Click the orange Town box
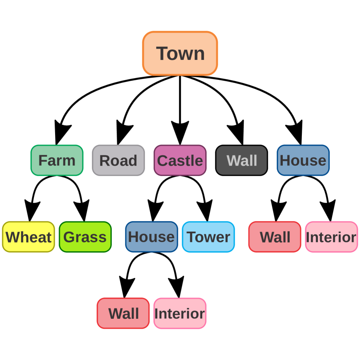coord(180,53)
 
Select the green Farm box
coord(57,160)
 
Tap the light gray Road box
coord(118,160)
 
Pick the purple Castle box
coord(180,160)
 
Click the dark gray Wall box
coord(242,160)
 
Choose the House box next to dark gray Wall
coord(303,160)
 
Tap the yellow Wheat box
coord(29,237)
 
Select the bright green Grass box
coord(85,237)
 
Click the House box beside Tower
coord(151,237)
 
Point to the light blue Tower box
coord(208,237)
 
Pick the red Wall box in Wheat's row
coord(275,237)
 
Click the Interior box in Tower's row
coord(331,237)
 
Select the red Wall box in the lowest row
coord(123,313)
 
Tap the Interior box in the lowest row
coord(180,313)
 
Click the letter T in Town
coord(162,53)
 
